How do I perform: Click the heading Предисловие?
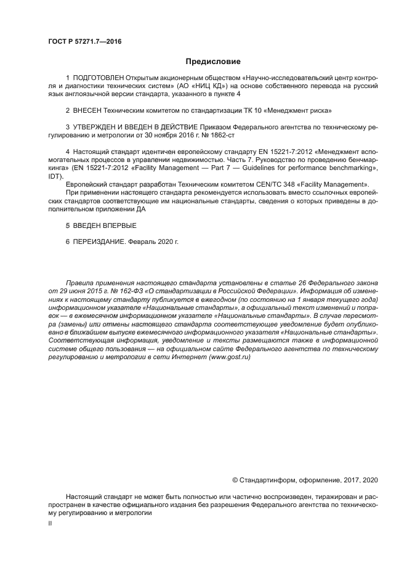[213, 61]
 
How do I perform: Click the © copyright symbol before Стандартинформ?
[235, 479]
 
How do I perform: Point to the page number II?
[50, 522]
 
